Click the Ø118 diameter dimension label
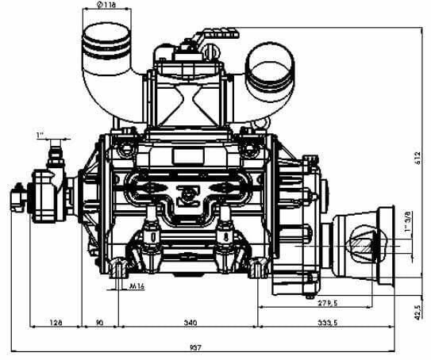point(106,5)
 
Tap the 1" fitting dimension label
point(40,135)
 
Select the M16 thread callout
point(137,285)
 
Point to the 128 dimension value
point(56,322)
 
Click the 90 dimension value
point(100,322)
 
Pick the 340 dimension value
point(190,322)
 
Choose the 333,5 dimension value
point(327,323)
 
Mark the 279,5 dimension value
point(328,303)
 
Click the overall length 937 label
point(196,347)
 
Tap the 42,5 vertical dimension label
point(418,312)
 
